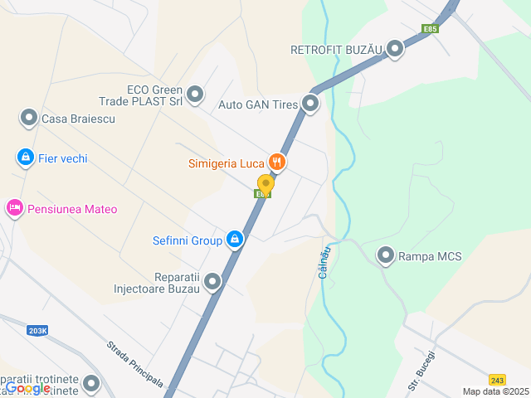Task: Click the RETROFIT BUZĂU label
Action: (x=335, y=50)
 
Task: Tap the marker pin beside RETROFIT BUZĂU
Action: (x=395, y=50)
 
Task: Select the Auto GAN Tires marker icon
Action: (x=310, y=104)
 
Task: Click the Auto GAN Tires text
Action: (x=257, y=104)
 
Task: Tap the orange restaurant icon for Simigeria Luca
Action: (x=277, y=163)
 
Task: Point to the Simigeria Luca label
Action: (x=226, y=163)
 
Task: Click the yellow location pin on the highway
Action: (x=265, y=183)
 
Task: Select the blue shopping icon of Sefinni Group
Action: (x=236, y=240)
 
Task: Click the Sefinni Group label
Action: (x=187, y=241)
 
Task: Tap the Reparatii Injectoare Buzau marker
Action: (x=213, y=283)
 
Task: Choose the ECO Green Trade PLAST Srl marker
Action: (x=195, y=95)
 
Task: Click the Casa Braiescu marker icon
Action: (x=29, y=119)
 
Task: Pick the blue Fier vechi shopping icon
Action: (x=26, y=157)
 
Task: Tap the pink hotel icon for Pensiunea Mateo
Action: (x=14, y=208)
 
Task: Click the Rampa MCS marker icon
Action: (x=386, y=256)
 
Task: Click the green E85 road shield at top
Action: (x=430, y=28)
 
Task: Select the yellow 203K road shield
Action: (x=37, y=330)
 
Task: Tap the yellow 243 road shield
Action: (x=497, y=378)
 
